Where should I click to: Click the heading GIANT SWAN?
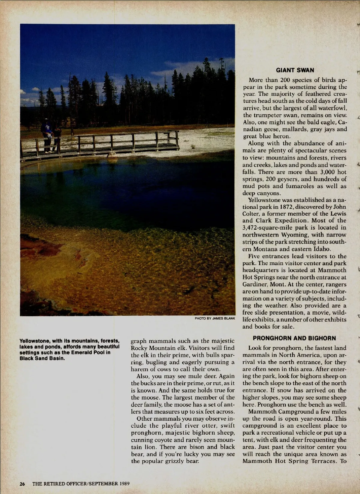pos(295,71)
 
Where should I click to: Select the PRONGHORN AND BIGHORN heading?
pos(294,338)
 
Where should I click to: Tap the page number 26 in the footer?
pos(22,483)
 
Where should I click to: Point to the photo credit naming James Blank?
pos(215,318)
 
